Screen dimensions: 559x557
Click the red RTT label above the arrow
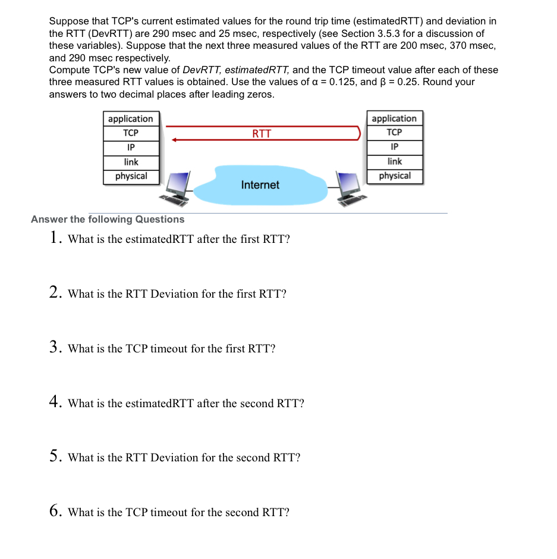point(262,133)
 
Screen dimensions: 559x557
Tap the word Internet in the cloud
point(260,185)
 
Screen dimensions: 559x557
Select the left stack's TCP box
point(131,133)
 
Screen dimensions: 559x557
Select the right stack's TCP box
point(394,132)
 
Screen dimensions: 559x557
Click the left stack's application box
point(131,118)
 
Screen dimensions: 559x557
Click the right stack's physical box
point(395,176)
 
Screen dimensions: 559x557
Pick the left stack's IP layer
point(131,147)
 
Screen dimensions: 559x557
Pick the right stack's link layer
point(395,161)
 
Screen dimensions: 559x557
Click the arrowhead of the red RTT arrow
point(174,140)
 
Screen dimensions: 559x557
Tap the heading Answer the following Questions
point(108,219)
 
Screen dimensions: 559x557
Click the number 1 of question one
point(54,238)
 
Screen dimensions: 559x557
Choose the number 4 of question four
point(54,402)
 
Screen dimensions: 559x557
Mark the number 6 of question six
point(54,511)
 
